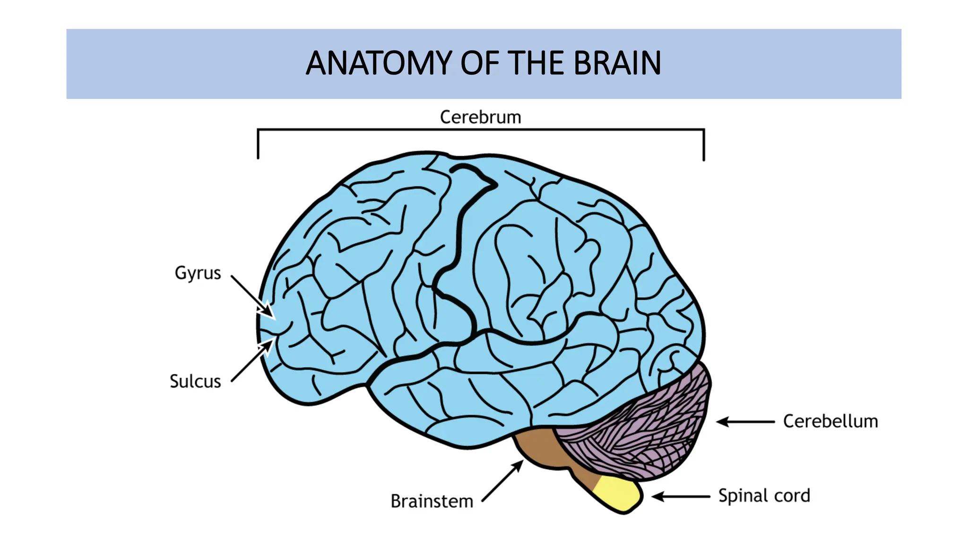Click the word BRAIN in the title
617,63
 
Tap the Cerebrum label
480,117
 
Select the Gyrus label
198,273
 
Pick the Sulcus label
195,382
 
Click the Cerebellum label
830,421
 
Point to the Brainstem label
432,501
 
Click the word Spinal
744,496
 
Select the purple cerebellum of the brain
652,425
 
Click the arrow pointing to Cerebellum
745,422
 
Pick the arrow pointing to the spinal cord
681,496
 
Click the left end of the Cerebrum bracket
258,144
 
